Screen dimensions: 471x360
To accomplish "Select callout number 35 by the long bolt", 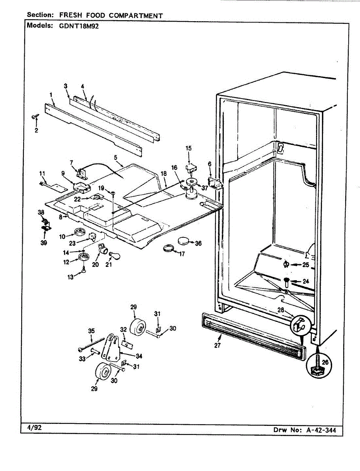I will [91, 331].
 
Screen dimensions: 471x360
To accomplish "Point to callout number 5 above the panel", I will [116, 157].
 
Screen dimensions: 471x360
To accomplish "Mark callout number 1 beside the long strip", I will [51, 95].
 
